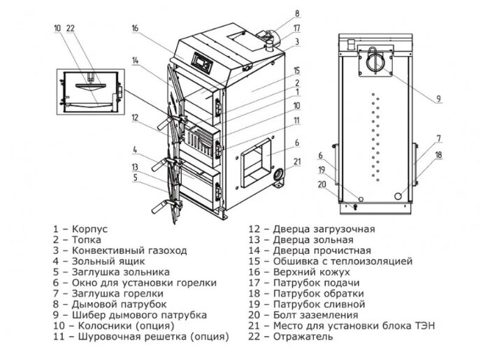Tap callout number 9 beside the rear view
coord(438,99)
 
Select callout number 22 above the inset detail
coord(70,29)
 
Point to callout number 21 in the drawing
coord(298,163)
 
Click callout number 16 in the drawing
coord(135,28)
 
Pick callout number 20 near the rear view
coord(322,185)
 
